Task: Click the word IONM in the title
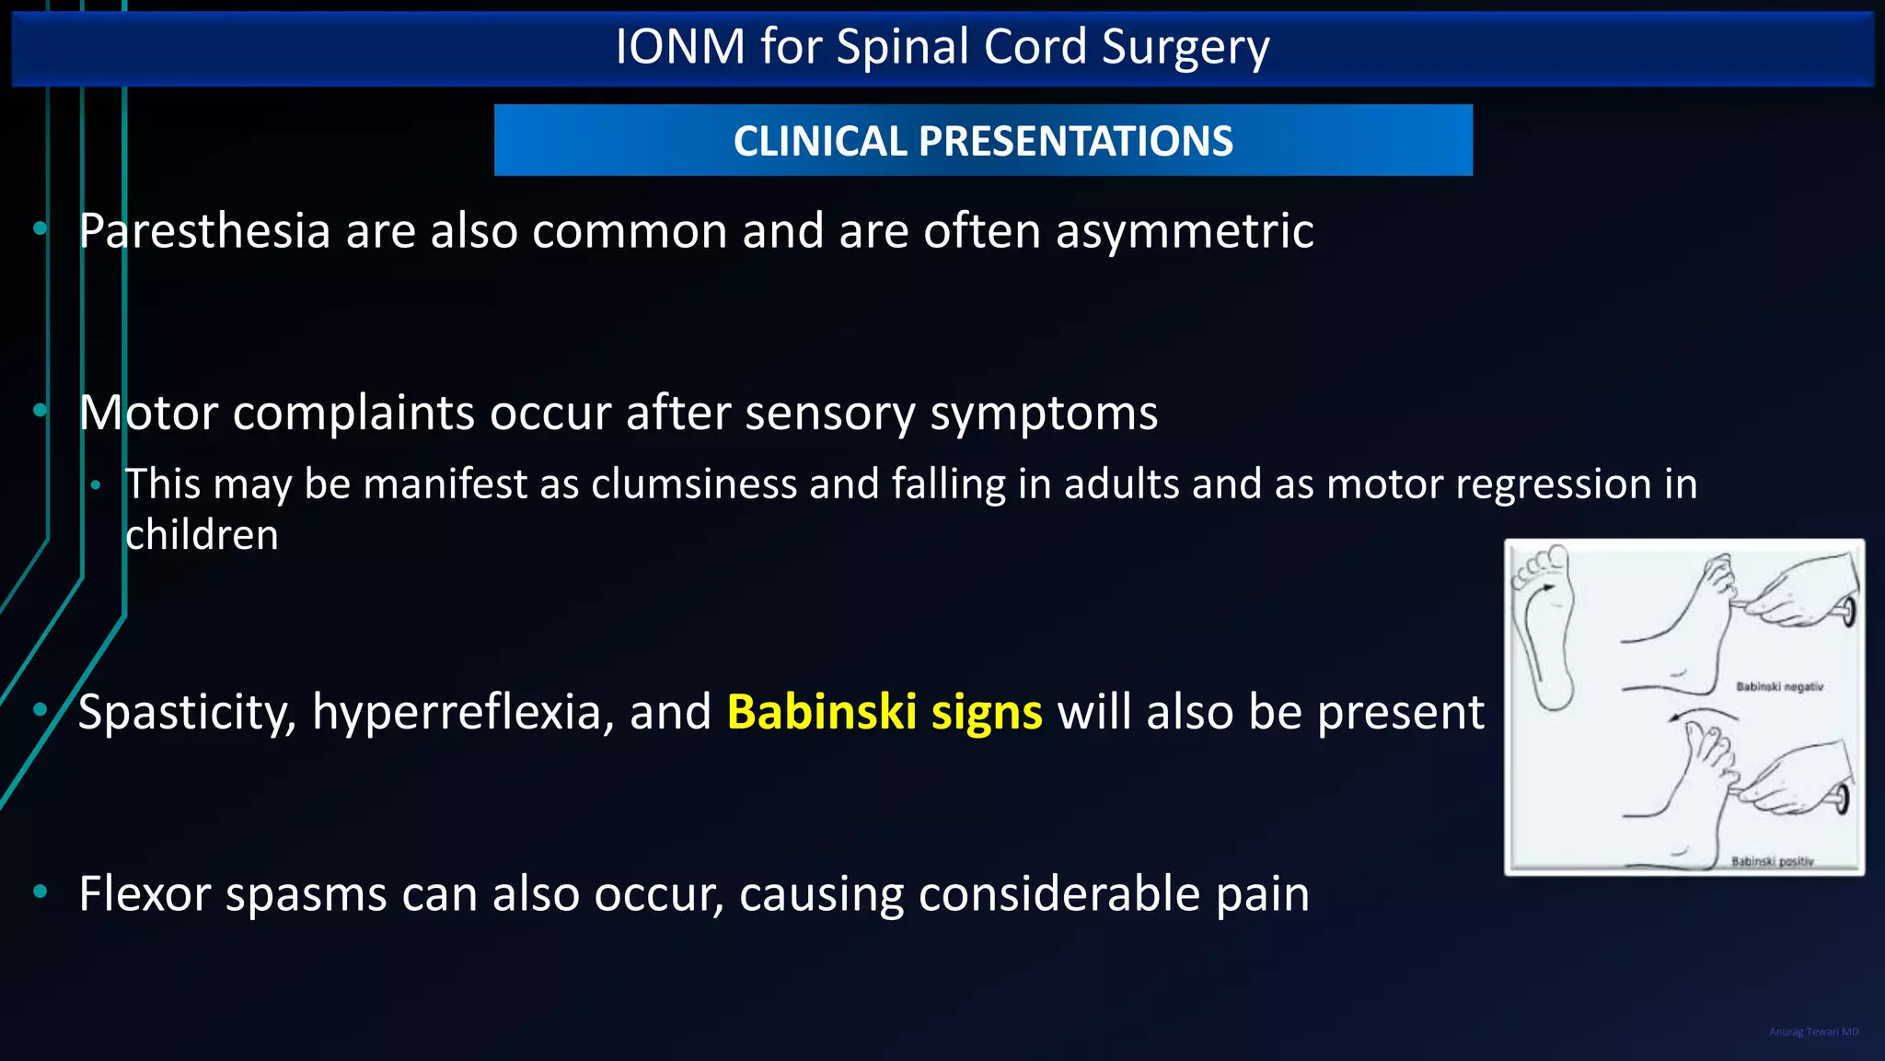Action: [x=679, y=46]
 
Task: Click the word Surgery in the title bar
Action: [x=1185, y=48]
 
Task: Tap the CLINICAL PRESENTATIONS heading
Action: [x=983, y=141]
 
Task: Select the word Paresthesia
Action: [x=204, y=230]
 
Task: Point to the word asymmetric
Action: [x=1185, y=230]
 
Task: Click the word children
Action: [x=202, y=534]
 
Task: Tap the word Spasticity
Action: [x=187, y=712]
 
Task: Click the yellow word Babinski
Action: [x=821, y=712]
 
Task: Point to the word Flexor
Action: [x=145, y=893]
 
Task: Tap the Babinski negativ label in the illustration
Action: [x=1779, y=686]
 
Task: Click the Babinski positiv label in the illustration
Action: [x=1772, y=861]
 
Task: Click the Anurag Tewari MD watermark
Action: [x=1813, y=1032]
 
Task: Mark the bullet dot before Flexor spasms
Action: [x=40, y=891]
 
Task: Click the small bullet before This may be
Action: [x=95, y=484]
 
